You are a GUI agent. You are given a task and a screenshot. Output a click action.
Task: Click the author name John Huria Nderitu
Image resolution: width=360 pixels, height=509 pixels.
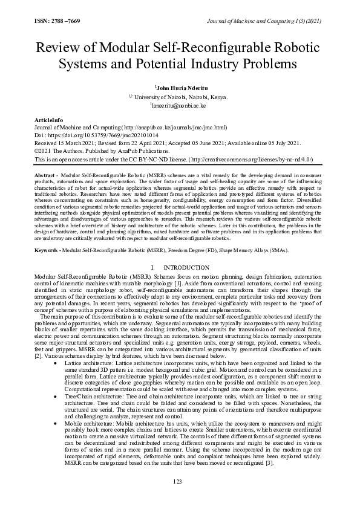(x=180, y=88)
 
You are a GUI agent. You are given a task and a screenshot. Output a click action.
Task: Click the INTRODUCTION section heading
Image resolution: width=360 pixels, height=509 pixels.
(x=185, y=267)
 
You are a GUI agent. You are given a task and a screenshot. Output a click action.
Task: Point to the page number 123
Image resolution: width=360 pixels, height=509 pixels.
(x=178, y=481)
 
